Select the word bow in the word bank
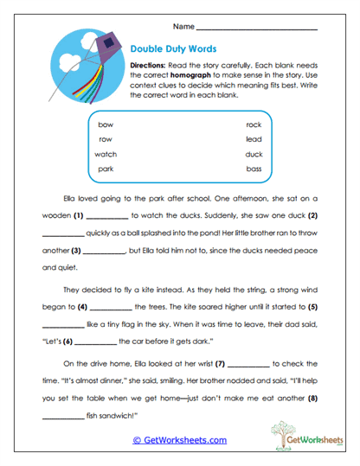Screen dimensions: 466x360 tap(106, 124)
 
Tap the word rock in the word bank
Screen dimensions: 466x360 tap(254, 124)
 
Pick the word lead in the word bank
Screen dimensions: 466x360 tap(254, 139)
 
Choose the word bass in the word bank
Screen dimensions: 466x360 tap(254, 169)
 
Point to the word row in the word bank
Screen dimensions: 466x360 tap(106, 139)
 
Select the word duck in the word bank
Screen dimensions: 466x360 tap(254, 154)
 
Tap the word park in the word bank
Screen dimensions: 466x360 tap(106, 169)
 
